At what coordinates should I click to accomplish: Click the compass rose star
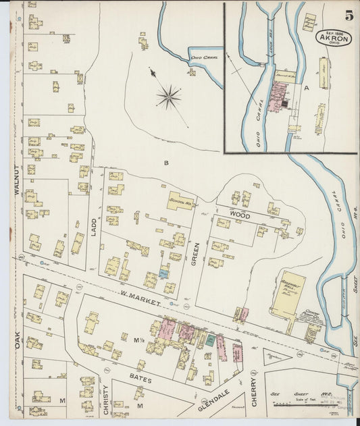[168, 97]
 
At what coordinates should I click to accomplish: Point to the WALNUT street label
[16, 180]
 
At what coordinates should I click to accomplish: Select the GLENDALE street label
[214, 399]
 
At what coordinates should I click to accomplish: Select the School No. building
[180, 201]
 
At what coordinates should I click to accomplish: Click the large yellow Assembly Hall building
[288, 294]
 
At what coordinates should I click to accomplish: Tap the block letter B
[165, 162]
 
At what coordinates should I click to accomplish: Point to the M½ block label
[140, 340]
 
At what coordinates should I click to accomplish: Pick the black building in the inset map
[284, 103]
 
